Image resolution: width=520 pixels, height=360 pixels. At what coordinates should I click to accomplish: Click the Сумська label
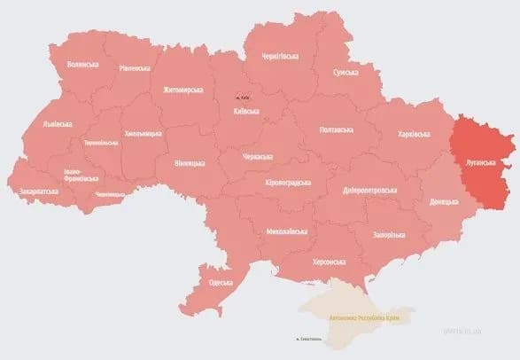click(x=345, y=73)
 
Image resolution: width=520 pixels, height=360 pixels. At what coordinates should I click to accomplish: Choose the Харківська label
click(x=414, y=134)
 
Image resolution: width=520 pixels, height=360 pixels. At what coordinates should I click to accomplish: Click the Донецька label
click(x=446, y=202)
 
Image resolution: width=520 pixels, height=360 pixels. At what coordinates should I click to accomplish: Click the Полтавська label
click(x=338, y=129)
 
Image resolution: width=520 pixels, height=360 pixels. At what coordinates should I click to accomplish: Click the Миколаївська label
click(x=287, y=232)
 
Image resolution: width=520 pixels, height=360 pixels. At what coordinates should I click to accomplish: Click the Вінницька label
click(x=190, y=163)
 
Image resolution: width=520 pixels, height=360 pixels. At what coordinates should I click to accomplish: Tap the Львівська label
click(x=59, y=125)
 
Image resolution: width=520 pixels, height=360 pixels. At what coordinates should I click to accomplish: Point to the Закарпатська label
click(x=39, y=191)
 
